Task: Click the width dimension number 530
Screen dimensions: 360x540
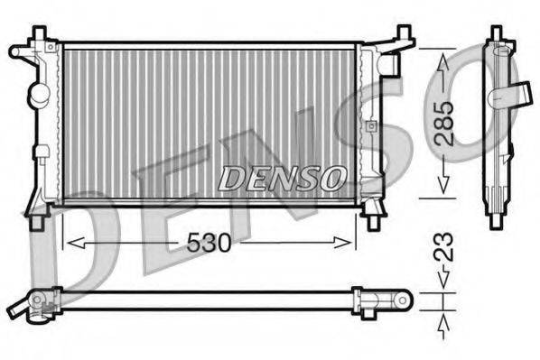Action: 209,243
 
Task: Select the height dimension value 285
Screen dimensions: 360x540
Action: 443,122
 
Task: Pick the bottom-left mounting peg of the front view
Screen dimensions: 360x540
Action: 38,217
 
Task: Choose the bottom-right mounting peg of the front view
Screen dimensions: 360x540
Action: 372,217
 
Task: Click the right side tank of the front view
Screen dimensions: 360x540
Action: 368,122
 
